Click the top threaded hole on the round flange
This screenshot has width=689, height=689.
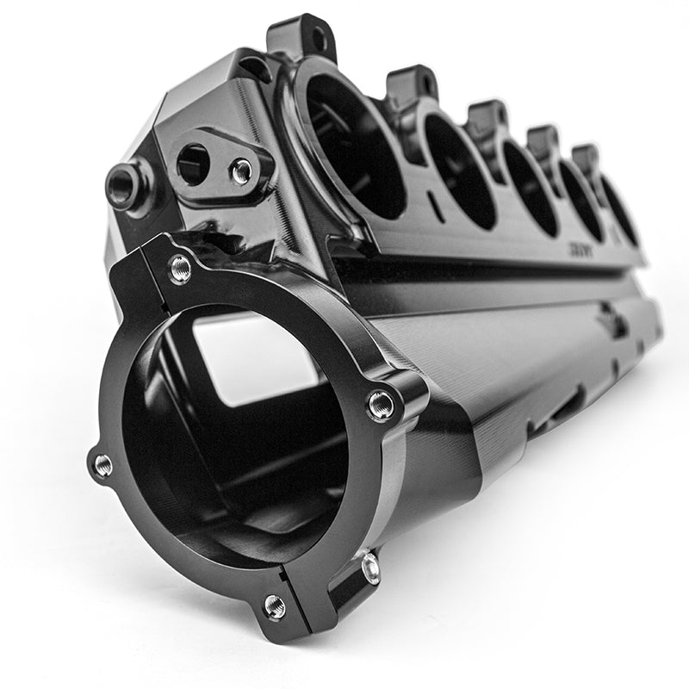point(180,270)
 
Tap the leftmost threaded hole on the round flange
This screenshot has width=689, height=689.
point(102,466)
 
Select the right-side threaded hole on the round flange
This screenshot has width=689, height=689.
point(381,404)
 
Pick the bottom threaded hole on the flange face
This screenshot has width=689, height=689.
point(275,606)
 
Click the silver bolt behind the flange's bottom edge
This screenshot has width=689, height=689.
point(370,567)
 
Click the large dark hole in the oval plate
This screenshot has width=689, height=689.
point(193,163)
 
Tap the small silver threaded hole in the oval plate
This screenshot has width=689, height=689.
point(242,171)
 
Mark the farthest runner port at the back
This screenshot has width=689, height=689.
point(620,211)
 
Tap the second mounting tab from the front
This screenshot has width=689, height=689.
point(413,84)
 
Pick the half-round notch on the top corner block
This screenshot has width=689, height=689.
point(256,67)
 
